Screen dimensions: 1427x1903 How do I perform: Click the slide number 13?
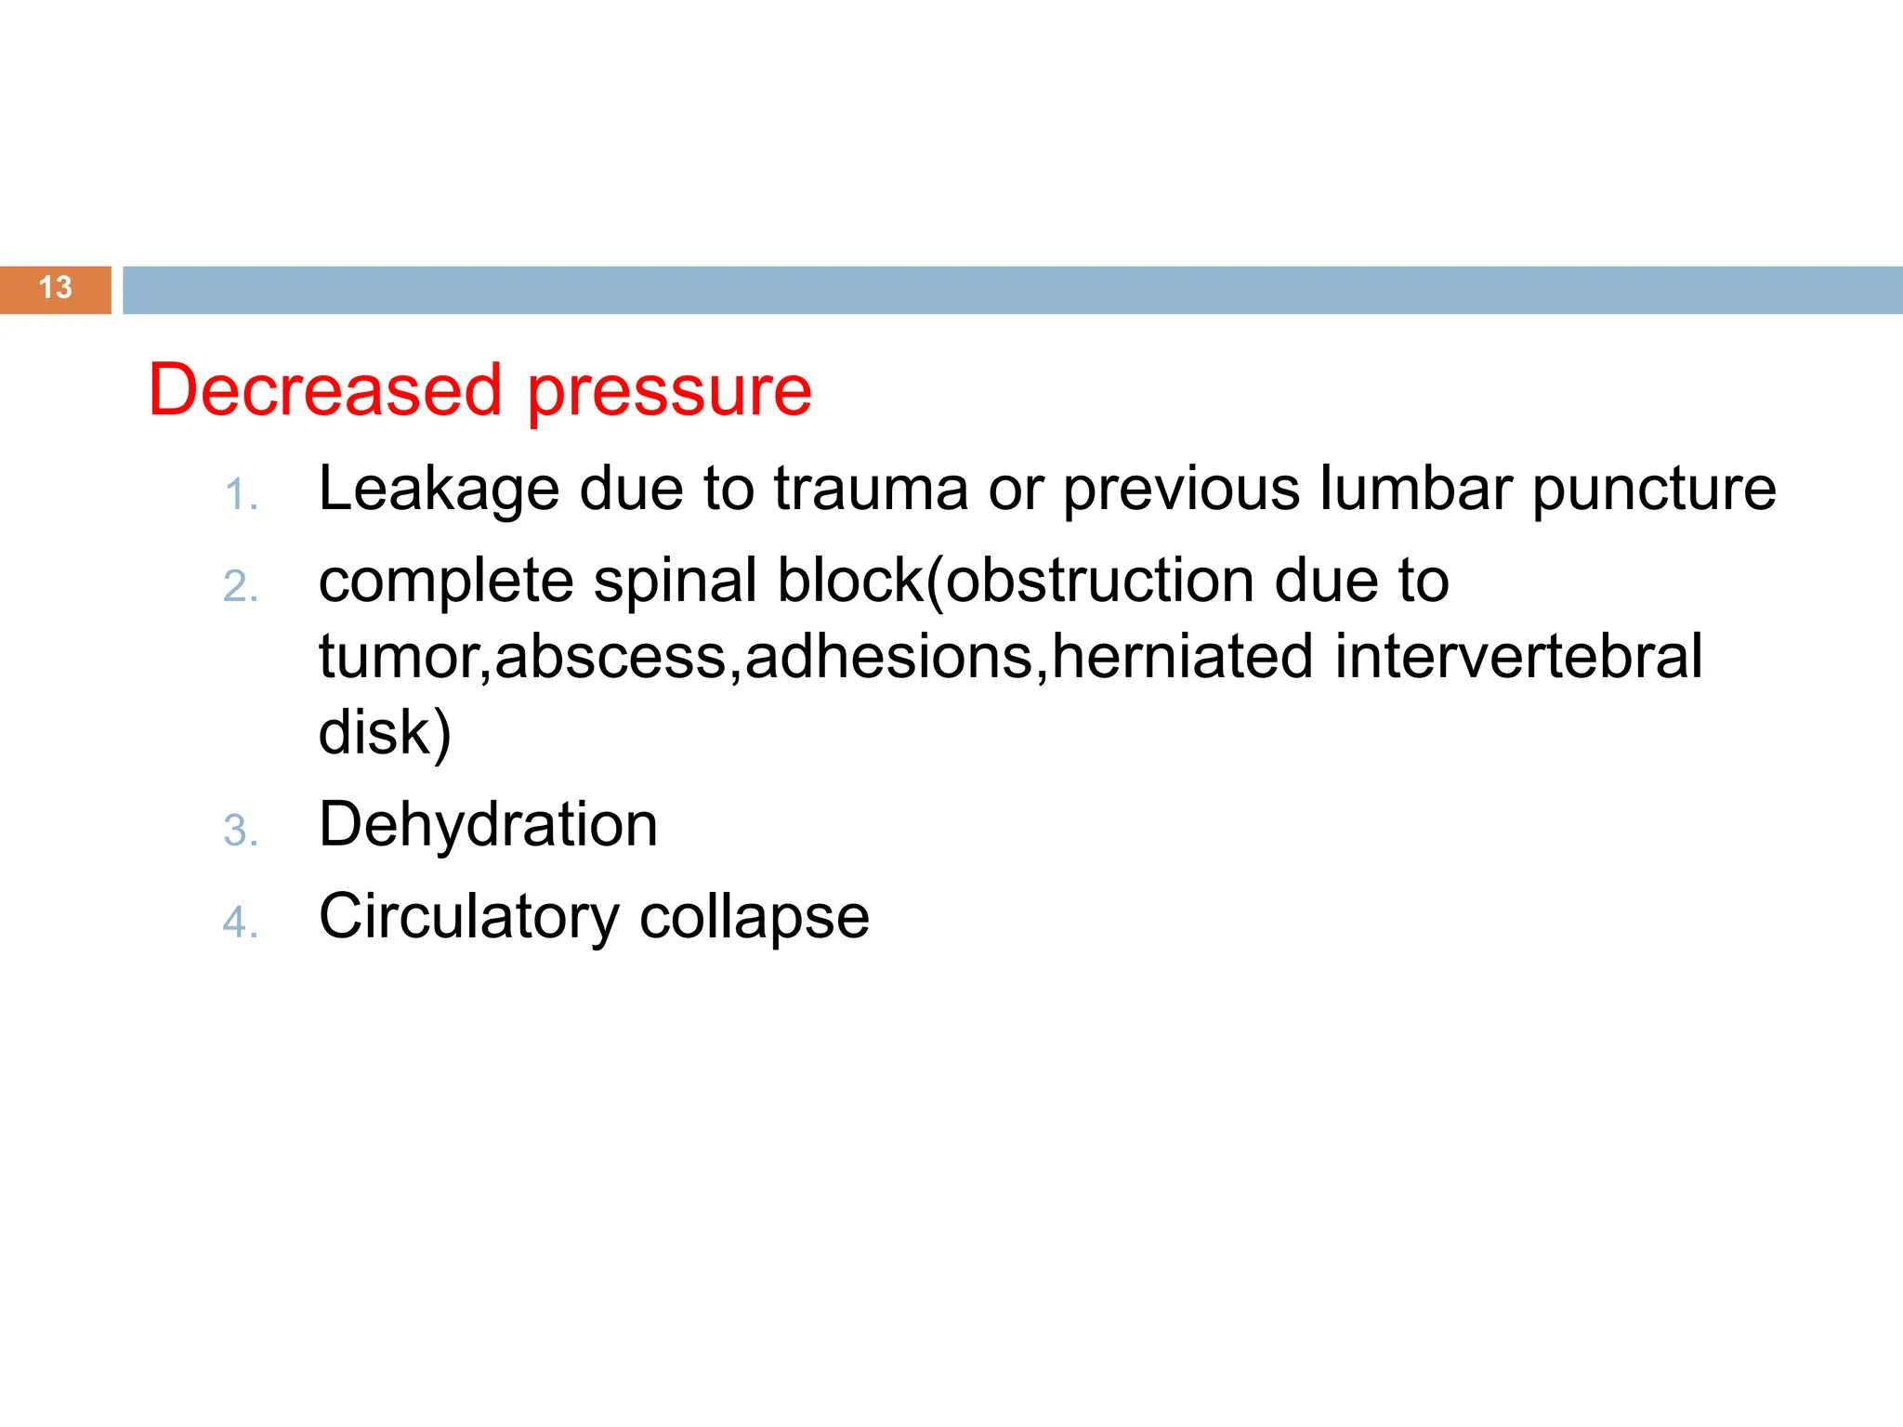coord(56,288)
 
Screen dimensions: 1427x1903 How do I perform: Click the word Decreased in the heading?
coord(325,390)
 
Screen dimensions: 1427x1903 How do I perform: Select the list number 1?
coord(240,495)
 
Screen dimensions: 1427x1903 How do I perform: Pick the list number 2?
coord(240,587)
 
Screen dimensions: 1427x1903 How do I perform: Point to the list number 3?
coord(240,831)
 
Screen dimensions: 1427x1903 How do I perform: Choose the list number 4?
coord(240,923)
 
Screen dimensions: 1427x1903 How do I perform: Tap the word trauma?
coord(871,489)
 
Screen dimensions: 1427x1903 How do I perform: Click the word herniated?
coord(1182,657)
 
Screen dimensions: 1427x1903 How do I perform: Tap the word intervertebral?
coord(1518,657)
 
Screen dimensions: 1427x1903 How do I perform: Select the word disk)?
coord(385,733)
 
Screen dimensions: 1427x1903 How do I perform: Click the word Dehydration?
coord(488,825)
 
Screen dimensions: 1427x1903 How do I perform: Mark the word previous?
coord(1181,491)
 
